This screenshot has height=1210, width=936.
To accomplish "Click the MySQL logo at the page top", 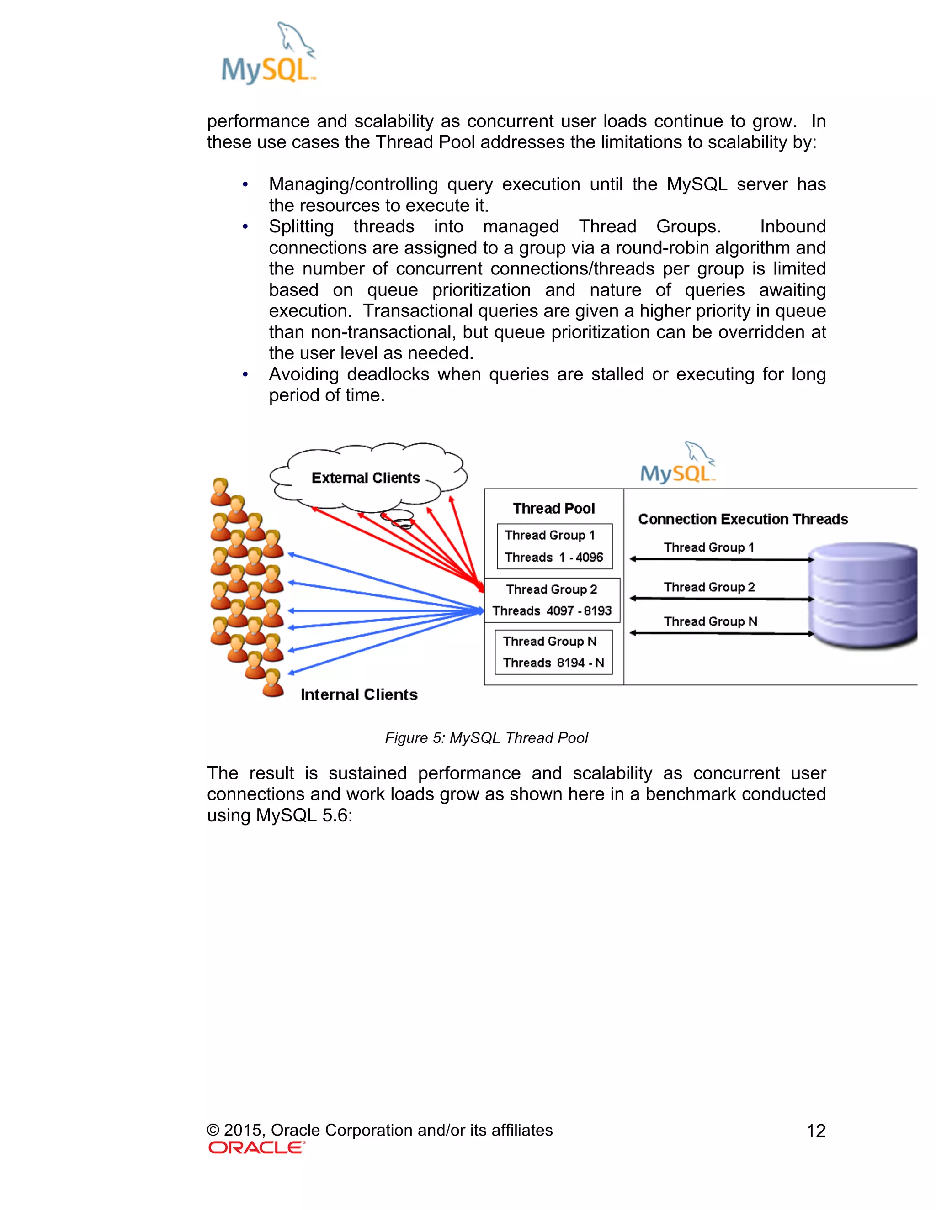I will (x=268, y=54).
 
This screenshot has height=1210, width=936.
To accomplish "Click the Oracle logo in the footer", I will (x=257, y=1147).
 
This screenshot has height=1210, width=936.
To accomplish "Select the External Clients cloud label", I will (x=366, y=478).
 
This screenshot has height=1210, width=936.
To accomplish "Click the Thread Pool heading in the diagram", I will (x=553, y=508).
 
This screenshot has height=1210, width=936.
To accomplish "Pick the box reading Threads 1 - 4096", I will (x=554, y=546).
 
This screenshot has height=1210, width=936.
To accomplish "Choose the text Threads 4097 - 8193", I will (x=552, y=610).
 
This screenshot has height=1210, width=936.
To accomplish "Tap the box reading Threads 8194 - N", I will (x=553, y=652).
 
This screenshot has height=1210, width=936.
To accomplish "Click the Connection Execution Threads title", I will (x=743, y=519).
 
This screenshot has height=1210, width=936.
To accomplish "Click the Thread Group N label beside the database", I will (x=710, y=621).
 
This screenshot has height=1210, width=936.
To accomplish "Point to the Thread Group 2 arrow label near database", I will (x=709, y=587).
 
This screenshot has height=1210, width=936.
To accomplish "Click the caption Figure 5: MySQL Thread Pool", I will (x=486, y=737).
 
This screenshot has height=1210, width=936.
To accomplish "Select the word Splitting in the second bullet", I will (x=301, y=226).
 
